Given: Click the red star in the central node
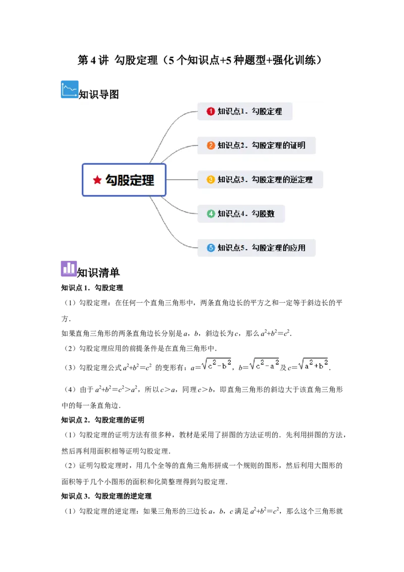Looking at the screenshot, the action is (x=97, y=180).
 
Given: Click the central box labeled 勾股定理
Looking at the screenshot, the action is (x=124, y=180).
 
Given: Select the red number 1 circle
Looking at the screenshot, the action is (x=211, y=111).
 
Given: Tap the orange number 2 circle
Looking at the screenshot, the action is (x=211, y=146).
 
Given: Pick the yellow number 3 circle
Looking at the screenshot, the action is (x=211, y=179).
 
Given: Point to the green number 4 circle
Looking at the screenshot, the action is (x=211, y=214).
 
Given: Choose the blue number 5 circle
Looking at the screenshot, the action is (x=211, y=248).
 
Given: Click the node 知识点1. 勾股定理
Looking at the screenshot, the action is (x=245, y=111).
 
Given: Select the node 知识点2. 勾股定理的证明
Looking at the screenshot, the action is (x=257, y=146).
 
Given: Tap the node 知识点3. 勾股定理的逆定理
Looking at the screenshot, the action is (x=260, y=179).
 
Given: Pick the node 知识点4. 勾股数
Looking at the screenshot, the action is (x=241, y=214).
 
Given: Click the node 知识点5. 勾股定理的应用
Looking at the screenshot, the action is (x=257, y=248).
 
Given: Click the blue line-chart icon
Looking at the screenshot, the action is (x=70, y=89).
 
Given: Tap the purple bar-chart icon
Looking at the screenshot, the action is (x=70, y=269).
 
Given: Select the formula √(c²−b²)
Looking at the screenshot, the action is (x=216, y=364).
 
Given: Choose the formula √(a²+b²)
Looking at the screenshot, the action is (x=313, y=364).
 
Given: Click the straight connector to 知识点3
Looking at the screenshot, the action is (x=182, y=179).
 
